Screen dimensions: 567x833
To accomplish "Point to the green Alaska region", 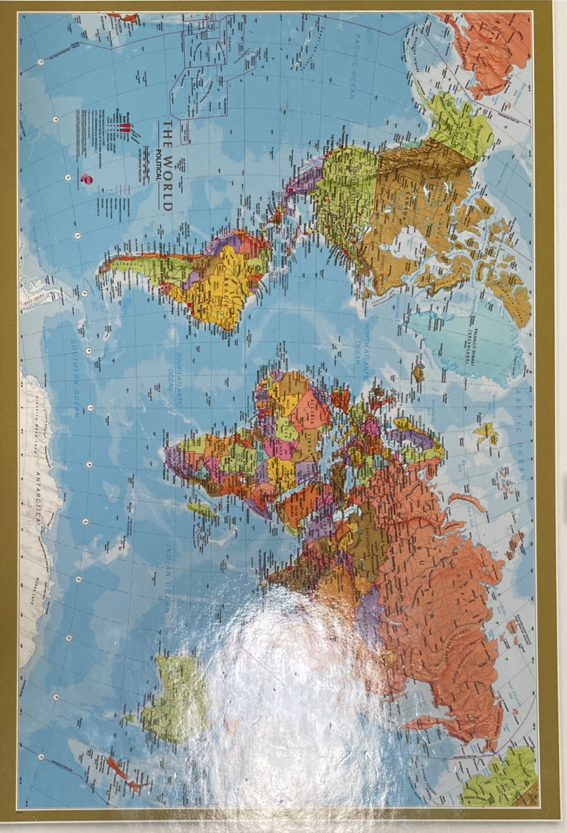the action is point(454,122).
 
